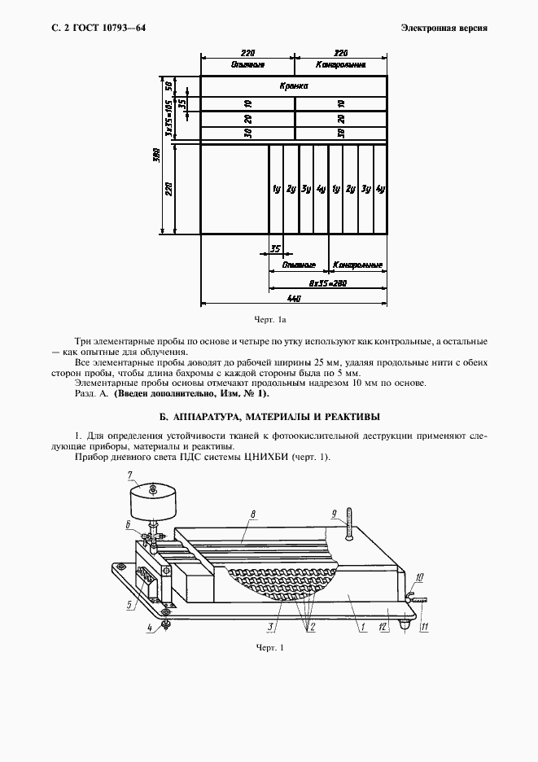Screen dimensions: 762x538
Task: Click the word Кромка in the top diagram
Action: pos(295,85)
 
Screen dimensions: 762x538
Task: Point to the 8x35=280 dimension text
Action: pos(327,282)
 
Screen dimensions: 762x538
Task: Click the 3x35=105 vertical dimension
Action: pos(169,119)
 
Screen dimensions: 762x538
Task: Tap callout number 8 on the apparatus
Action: pos(254,515)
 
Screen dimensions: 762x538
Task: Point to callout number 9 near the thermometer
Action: pos(334,514)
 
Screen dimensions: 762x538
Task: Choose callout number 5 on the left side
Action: pos(129,604)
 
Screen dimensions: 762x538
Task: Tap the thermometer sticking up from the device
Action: pos(348,523)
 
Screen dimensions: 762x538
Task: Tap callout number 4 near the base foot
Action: pos(150,628)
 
